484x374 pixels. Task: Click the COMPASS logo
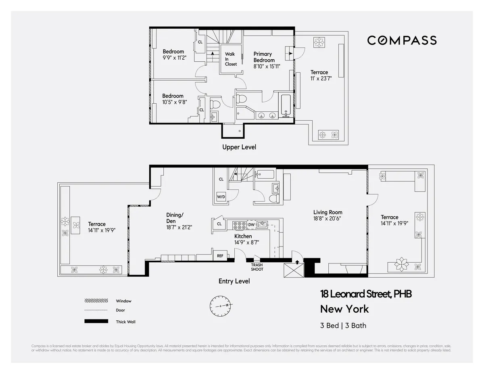click(x=402, y=40)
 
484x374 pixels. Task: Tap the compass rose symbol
click(x=220, y=305)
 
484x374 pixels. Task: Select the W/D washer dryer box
click(x=221, y=197)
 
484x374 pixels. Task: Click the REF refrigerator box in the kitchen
click(x=220, y=256)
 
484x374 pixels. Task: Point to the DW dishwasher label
click(x=251, y=224)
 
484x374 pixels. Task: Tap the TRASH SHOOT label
click(x=257, y=267)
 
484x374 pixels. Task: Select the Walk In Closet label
click(x=231, y=59)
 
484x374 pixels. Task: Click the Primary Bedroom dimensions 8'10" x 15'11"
click(x=267, y=67)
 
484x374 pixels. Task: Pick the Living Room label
click(x=328, y=212)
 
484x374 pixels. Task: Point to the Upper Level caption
click(x=239, y=147)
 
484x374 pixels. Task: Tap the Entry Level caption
click(x=234, y=281)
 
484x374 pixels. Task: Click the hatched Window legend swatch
click(x=96, y=301)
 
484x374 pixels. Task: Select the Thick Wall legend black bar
click(x=96, y=322)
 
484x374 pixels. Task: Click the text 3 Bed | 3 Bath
click(x=343, y=325)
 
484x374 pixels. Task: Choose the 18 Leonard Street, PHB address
click(x=366, y=294)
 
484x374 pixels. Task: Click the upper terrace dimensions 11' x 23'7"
click(x=319, y=79)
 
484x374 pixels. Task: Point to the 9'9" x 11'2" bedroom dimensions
click(x=173, y=58)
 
